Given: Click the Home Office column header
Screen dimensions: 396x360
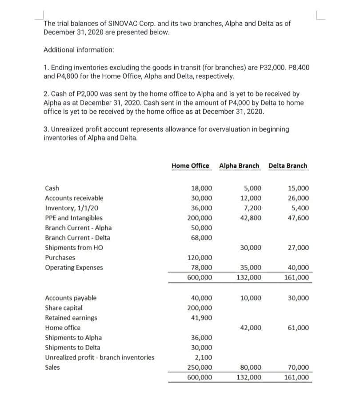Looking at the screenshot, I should [190, 166].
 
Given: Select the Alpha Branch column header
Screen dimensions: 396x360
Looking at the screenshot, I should [239, 166].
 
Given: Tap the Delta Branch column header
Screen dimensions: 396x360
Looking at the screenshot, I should [288, 166].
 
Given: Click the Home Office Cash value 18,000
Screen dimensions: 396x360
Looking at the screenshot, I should [201, 188].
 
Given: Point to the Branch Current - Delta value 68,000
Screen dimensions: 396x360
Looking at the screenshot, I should [201, 238].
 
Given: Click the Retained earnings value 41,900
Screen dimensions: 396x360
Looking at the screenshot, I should [201, 318].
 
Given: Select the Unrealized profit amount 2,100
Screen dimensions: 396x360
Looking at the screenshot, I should [204, 358].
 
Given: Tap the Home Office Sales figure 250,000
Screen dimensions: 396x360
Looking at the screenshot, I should [200, 368].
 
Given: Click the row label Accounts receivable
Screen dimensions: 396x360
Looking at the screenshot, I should [74, 198].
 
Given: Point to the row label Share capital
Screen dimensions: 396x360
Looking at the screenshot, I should [64, 308].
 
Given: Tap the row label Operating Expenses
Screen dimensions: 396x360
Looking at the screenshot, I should [74, 268].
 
